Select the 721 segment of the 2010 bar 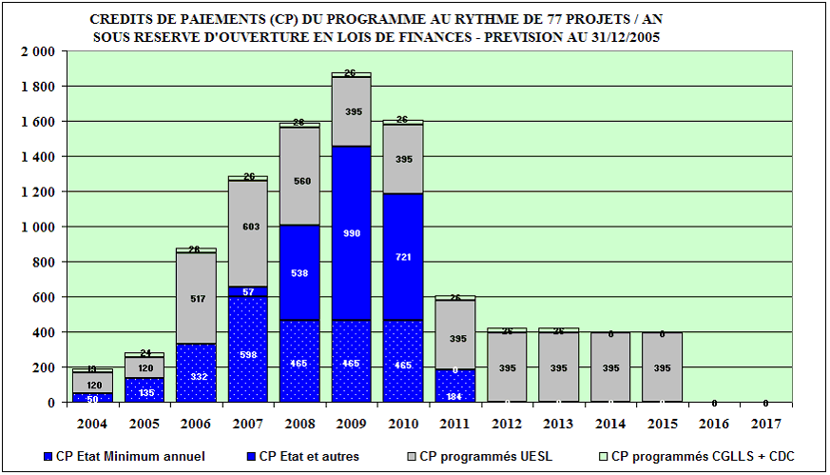coord(404,258)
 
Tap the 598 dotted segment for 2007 coord(247,355)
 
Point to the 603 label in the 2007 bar coord(247,227)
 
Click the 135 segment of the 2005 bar coord(145,390)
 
